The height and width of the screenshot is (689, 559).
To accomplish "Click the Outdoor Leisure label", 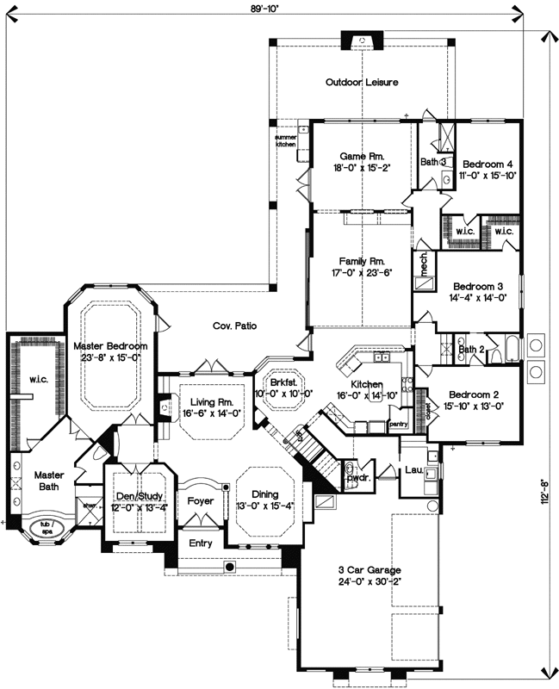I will [x=361, y=83].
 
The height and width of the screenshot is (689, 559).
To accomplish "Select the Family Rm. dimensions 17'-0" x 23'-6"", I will [x=361, y=274].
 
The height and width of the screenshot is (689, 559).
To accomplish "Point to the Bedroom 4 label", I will [x=488, y=164].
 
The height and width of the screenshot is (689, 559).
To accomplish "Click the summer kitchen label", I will [x=285, y=140].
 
